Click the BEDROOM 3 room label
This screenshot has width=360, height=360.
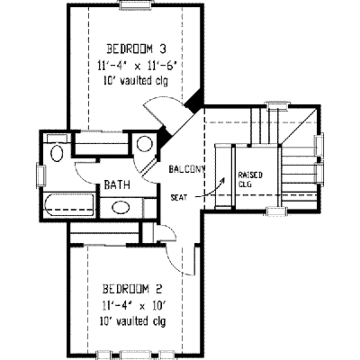[136, 49]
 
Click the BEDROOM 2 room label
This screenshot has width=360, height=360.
[132, 289]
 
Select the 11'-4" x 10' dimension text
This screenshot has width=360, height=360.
[134, 306]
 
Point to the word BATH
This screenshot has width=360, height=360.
[117, 185]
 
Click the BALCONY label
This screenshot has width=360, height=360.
[187, 169]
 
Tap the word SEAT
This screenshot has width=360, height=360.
[179, 198]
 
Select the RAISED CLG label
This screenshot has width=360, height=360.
[250, 179]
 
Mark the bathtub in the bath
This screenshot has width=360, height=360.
[69, 205]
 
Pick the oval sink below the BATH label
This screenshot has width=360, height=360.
[121, 207]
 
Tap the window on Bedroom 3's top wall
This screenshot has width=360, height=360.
[136, 5]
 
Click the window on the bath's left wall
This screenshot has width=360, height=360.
[41, 175]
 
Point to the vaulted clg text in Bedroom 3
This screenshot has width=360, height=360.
[136, 81]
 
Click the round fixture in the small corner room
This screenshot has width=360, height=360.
[144, 144]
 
